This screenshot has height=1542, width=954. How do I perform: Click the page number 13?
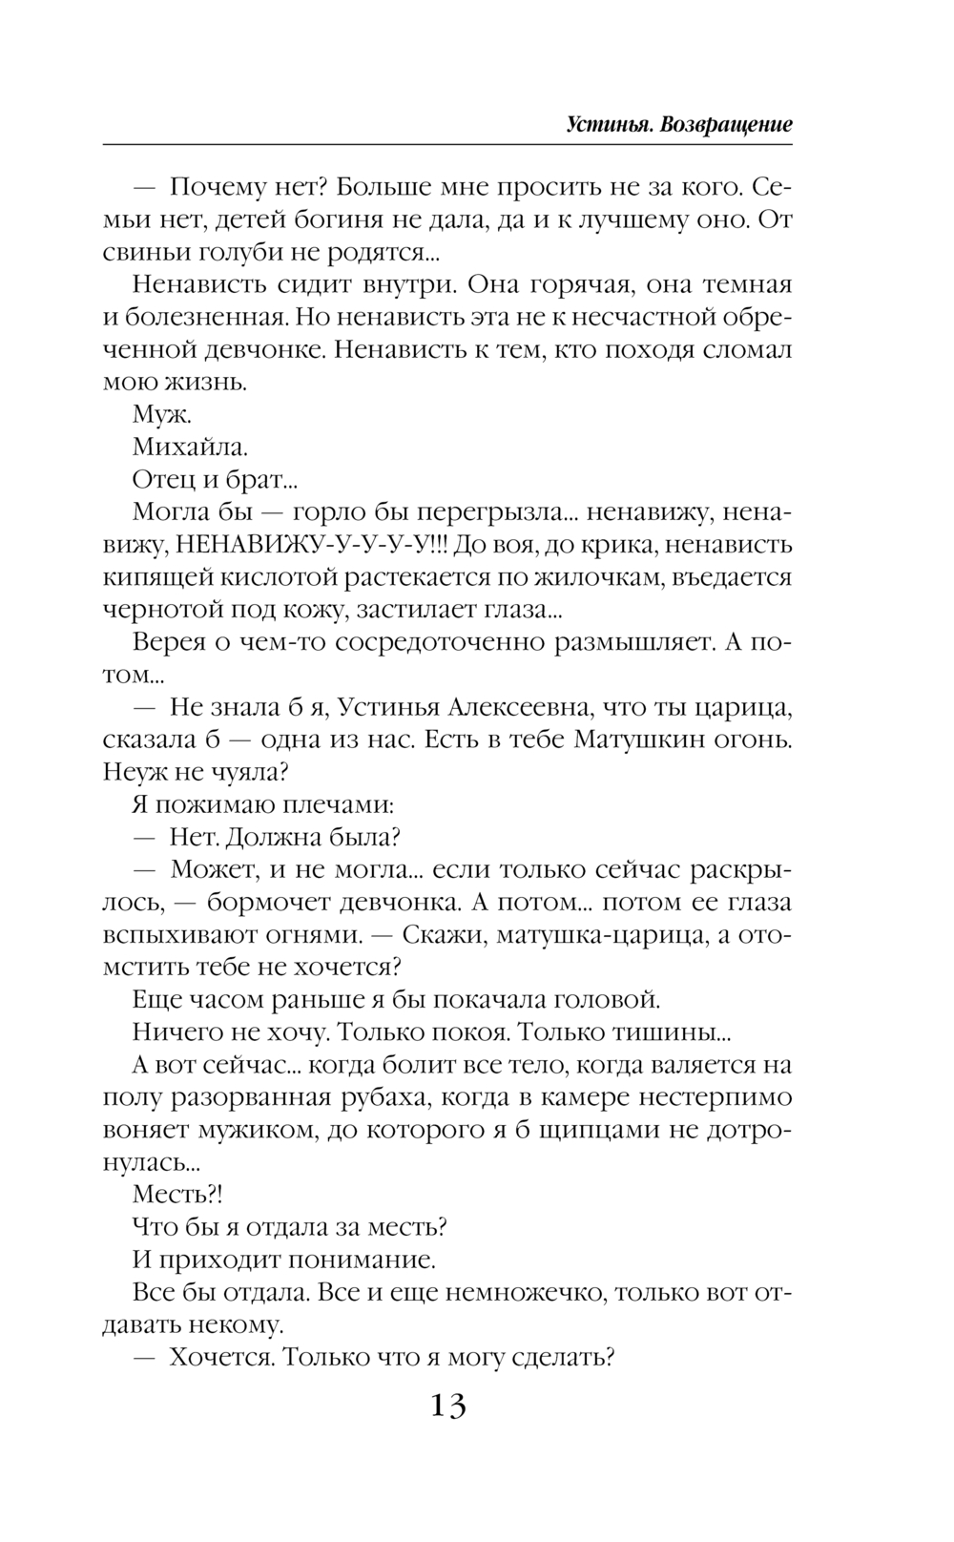coord(447,1406)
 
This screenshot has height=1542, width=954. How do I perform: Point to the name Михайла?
coord(191,448)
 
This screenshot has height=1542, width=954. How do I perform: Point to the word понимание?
coord(363,1260)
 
